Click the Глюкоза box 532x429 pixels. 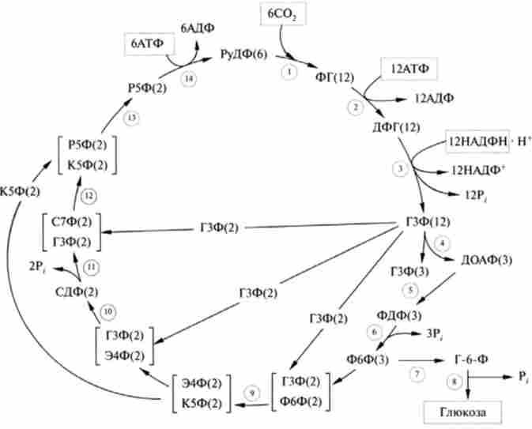pos(451,412)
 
